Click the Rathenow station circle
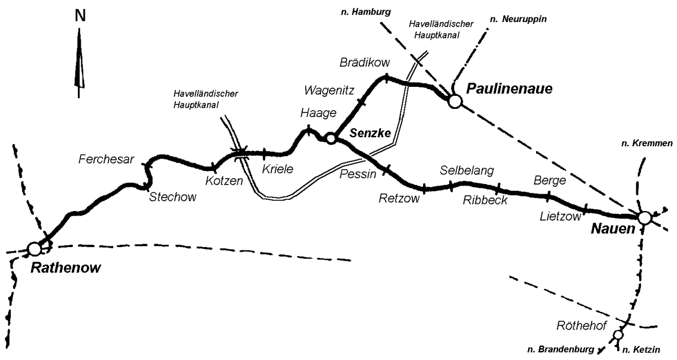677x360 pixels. (x=34, y=248)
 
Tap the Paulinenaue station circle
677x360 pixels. (x=455, y=101)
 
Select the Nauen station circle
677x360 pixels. (x=645, y=217)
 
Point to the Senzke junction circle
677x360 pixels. (x=331, y=138)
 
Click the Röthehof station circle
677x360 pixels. (x=618, y=335)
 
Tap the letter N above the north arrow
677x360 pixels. (x=81, y=16)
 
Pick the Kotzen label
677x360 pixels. (x=223, y=181)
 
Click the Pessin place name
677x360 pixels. (x=358, y=174)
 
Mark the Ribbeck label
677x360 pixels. (x=485, y=200)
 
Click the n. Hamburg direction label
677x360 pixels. (x=370, y=11)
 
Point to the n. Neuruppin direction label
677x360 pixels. (x=518, y=19)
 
